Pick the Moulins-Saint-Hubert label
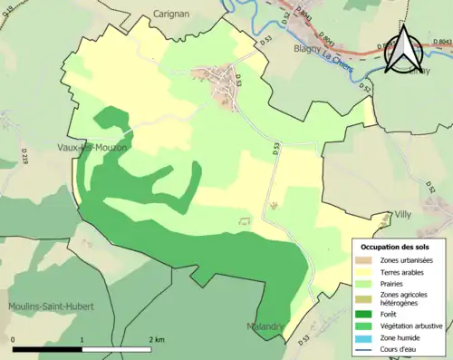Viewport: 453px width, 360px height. [51, 306]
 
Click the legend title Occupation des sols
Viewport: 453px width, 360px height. [397, 247]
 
